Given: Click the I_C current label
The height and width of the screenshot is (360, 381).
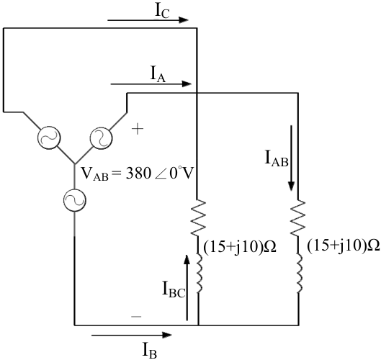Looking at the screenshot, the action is tap(162, 12).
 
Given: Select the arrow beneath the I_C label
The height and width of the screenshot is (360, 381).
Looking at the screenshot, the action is tap(148, 20).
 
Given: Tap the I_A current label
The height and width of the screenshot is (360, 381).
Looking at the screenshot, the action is tap(158, 75).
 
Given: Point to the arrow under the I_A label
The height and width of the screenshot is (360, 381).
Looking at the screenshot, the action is tap(151, 84).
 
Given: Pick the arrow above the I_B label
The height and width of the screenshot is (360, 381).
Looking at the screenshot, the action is tap(132, 336).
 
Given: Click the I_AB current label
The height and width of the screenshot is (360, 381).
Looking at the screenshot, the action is tap(277, 158).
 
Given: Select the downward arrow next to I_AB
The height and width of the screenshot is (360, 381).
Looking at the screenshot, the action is tap(291, 158).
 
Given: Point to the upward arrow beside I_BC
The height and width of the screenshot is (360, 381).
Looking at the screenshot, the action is tap(187, 287).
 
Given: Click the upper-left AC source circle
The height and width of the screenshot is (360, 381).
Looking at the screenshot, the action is tap(49, 138).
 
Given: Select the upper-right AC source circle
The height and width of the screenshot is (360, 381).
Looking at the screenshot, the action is tap(101, 138).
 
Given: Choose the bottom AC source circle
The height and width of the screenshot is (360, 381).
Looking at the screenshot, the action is tap(75, 200).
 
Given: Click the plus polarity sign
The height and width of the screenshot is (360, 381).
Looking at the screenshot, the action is tap(138, 129).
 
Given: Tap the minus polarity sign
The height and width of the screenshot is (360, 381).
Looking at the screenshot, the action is tap(136, 317).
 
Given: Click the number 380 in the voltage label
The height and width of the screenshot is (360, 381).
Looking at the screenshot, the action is tap(138, 174).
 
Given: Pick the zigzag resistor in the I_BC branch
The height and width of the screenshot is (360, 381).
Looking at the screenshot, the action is tap(199, 217).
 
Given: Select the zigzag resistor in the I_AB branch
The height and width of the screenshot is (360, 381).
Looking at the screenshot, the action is tap(298, 217).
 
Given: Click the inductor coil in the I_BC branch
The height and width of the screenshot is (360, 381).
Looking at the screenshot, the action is tap(199, 274).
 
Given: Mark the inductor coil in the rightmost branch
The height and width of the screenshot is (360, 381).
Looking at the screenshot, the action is tap(299, 274).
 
